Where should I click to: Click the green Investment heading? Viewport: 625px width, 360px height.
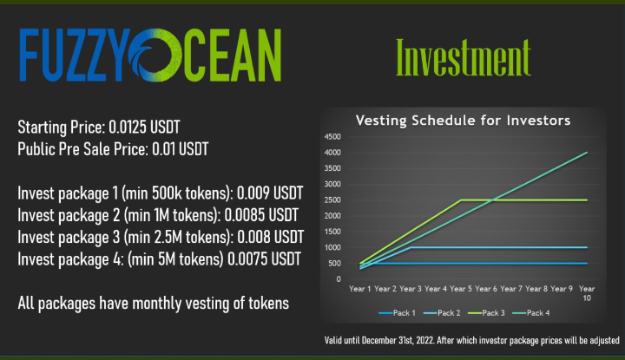(x=462, y=56)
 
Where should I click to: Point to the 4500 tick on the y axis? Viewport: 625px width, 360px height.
(x=332, y=137)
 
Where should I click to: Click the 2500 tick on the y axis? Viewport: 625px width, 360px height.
(x=332, y=200)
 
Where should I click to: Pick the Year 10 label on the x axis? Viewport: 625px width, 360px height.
(x=587, y=291)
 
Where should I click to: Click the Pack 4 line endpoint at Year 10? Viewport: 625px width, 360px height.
(x=587, y=153)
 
